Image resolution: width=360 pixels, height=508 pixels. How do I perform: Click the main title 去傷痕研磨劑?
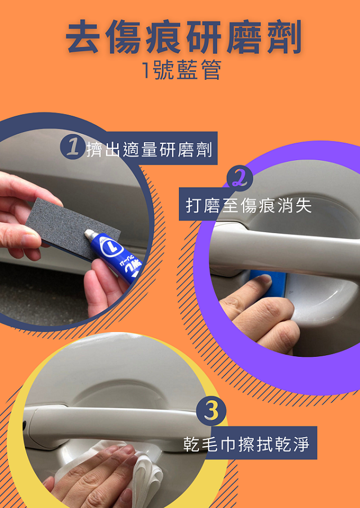(x=183, y=37)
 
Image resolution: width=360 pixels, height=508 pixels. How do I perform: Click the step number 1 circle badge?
(x=73, y=147)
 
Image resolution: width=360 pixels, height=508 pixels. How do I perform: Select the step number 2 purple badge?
(x=240, y=178)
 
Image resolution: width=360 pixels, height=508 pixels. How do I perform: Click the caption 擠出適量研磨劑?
(x=150, y=149)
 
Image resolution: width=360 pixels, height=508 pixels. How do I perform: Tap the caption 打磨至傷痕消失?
(x=249, y=205)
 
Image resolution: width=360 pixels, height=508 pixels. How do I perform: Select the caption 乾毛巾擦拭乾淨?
(x=246, y=444)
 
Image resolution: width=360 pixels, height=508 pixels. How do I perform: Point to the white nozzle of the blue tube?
(x=91, y=234)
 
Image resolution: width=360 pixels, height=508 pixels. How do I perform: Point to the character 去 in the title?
(x=83, y=37)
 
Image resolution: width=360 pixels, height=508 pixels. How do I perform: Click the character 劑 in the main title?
(x=285, y=37)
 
